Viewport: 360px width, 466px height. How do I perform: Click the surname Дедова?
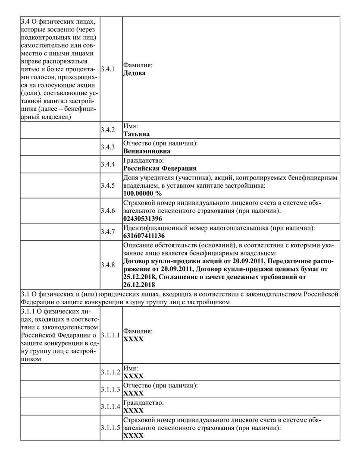[134, 73]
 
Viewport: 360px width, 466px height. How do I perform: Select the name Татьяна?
[136, 134]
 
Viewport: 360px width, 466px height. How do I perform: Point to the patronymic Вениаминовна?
[147, 151]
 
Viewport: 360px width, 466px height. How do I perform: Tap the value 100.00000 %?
[142, 193]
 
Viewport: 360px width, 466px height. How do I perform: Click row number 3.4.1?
[107, 69]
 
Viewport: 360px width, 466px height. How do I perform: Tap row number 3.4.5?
[107, 186]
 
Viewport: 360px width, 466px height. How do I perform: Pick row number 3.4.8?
[107, 264]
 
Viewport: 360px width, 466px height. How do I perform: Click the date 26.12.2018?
[140, 285]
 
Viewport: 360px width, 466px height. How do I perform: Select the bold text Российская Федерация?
[160, 168]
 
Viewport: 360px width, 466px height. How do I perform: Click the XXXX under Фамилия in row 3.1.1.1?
[133, 339]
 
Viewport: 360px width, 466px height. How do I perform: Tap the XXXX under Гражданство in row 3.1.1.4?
[133, 410]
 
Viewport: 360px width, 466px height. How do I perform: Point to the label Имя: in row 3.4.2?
[131, 126]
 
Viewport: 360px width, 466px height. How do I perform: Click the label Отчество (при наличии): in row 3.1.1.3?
[160, 385]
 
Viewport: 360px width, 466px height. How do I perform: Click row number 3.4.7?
[107, 232]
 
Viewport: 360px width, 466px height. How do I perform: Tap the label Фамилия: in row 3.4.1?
[138, 65]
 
